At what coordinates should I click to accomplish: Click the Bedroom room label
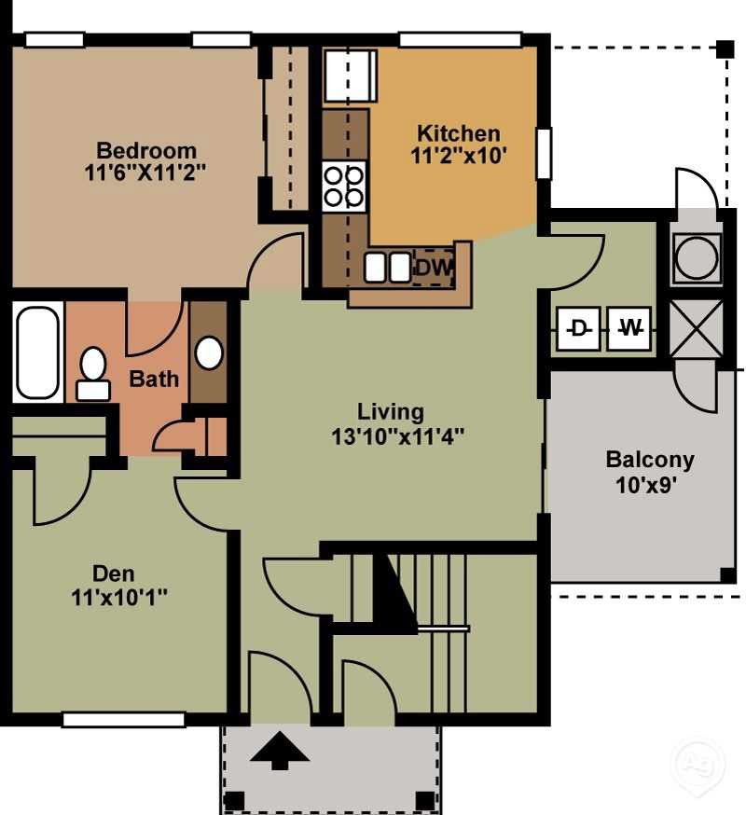tap(146, 150)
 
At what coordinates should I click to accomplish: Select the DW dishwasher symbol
tap(434, 269)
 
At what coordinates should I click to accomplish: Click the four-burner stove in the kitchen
tap(343, 184)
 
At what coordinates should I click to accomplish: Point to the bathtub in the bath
tap(37, 352)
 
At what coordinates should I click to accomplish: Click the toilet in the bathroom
tap(92, 373)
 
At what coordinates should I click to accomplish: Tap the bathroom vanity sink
tap(209, 352)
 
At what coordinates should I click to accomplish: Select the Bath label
tap(154, 380)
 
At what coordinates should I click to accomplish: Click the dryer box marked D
tap(579, 328)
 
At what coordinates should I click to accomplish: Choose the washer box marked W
tap(631, 328)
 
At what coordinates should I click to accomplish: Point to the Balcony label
tap(650, 460)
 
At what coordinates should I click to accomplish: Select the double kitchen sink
tap(387, 268)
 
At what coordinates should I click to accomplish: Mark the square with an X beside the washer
tap(697, 327)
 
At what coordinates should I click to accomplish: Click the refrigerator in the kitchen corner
tap(350, 76)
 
